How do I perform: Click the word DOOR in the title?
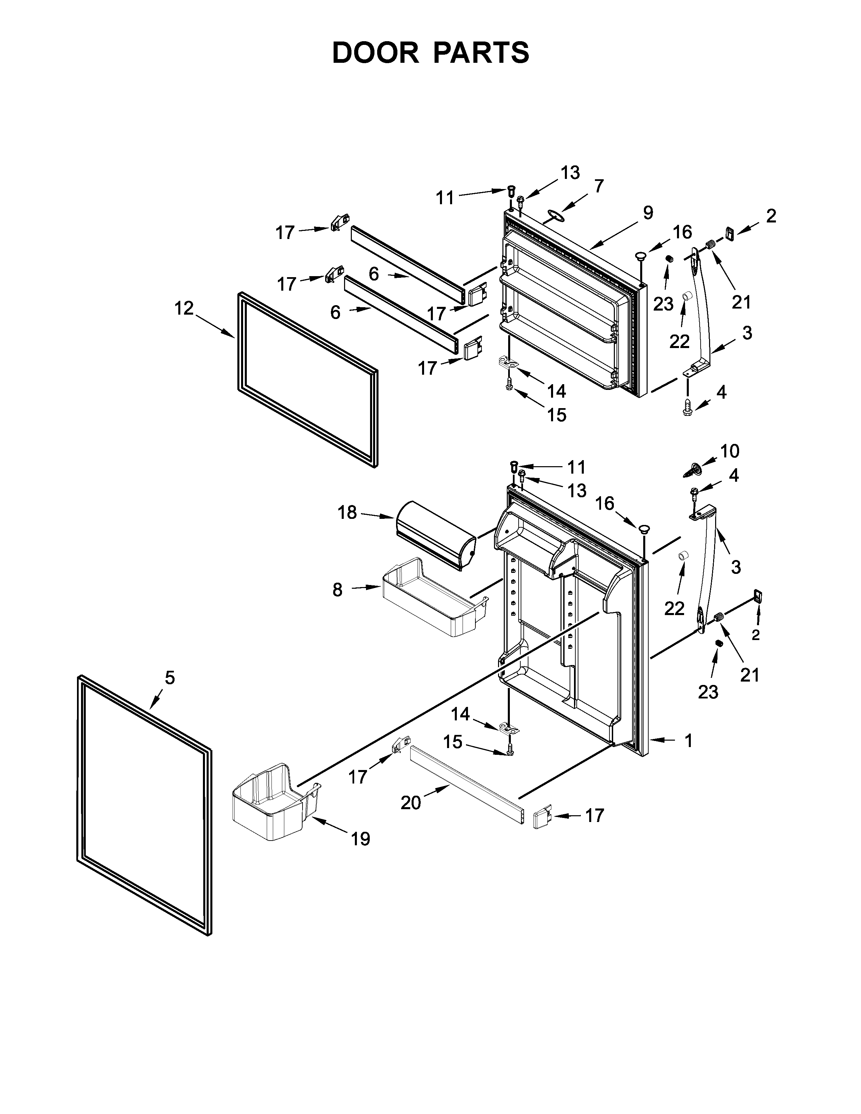(375, 53)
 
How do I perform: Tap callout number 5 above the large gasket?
(170, 678)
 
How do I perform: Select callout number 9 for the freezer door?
(648, 212)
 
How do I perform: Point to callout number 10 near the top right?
(730, 451)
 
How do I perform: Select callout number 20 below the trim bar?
(411, 803)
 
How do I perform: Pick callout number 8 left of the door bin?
(337, 590)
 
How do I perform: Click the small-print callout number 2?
(755, 635)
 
